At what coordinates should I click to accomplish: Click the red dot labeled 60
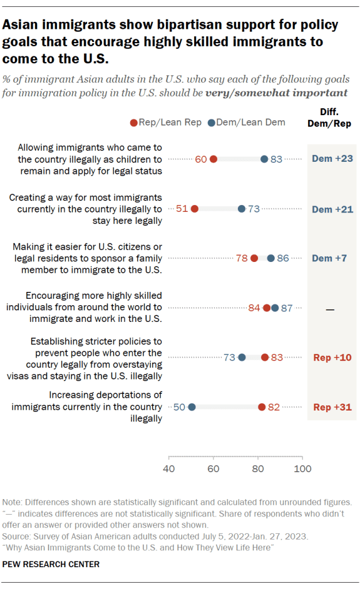tap(213, 159)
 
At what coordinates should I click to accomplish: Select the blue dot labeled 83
tap(264, 159)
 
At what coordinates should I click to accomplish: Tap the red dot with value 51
tap(194, 208)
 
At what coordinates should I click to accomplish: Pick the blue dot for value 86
tap(271, 258)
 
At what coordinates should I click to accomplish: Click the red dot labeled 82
tap(262, 407)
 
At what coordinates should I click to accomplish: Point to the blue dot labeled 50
tap(192, 407)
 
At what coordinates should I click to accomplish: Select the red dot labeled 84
tap(267, 308)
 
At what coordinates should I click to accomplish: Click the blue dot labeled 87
tap(275, 308)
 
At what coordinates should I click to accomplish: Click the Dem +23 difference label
tap(332, 159)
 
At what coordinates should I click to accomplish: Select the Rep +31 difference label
tap(332, 407)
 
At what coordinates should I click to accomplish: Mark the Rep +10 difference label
tap(332, 358)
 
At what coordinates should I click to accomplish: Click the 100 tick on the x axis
tap(302, 468)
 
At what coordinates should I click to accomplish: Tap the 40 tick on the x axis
tap(169, 468)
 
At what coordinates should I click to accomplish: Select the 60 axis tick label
tap(213, 468)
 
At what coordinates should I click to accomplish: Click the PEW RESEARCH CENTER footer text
tap(51, 564)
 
